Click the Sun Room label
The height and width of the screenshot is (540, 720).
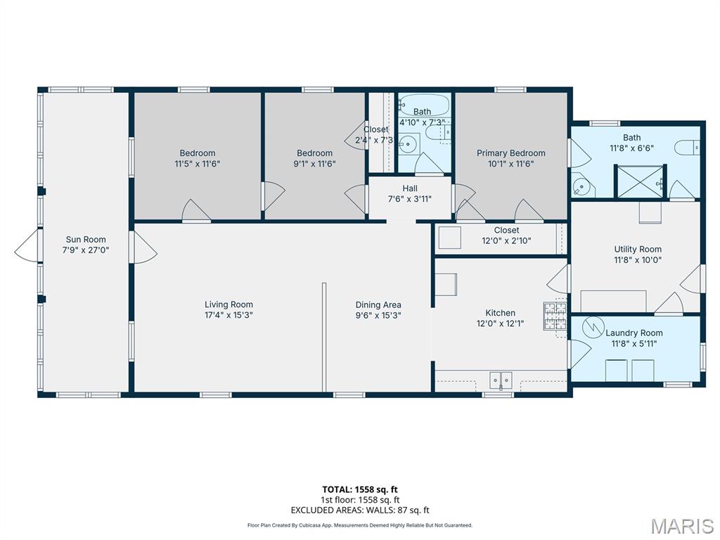click(86, 239)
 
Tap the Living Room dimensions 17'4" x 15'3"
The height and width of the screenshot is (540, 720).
click(229, 315)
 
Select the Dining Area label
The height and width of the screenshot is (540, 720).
click(378, 304)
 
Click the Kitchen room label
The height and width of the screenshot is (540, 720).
click(500, 313)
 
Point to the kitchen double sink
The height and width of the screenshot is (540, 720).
click(501, 380)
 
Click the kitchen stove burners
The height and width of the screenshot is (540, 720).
click(555, 316)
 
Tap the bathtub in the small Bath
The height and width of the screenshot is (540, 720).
click(423, 105)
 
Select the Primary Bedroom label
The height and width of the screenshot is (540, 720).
click(510, 153)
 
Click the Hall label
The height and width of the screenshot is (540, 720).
click(410, 188)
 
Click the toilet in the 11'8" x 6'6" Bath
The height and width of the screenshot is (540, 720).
click(687, 148)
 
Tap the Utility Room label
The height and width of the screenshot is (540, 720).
click(638, 249)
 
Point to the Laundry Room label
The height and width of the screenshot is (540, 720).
click(634, 333)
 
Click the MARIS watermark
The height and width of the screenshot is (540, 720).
click(682, 526)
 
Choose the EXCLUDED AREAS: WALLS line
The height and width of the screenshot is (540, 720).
click(360, 510)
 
